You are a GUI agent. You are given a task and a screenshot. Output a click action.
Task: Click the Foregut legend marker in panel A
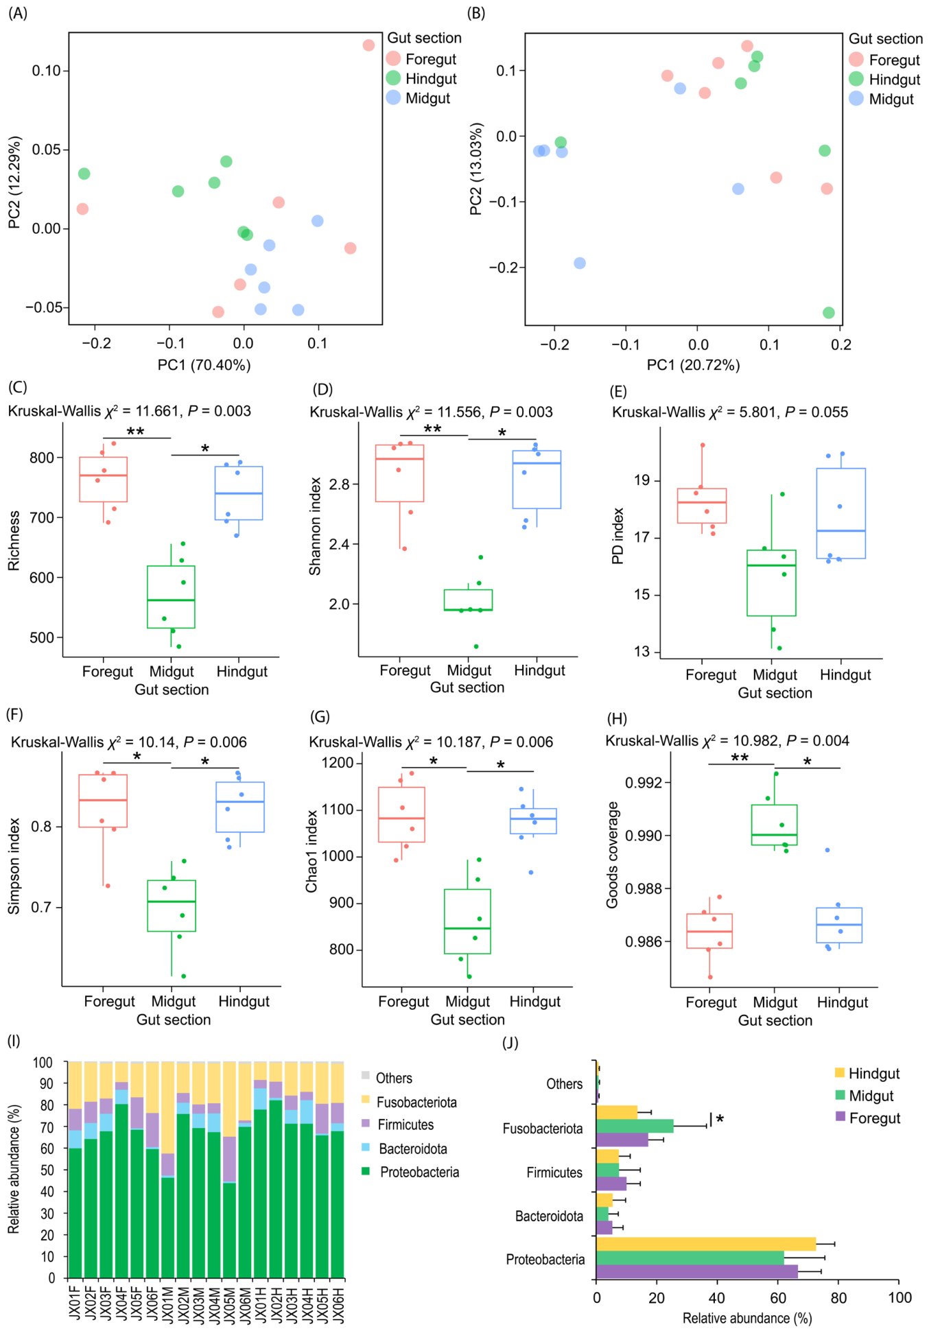(x=393, y=59)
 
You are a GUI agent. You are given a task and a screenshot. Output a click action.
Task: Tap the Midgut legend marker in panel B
(x=856, y=99)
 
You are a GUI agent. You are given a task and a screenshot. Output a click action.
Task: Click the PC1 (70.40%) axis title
(x=204, y=365)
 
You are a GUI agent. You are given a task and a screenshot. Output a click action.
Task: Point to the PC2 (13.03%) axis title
(x=476, y=169)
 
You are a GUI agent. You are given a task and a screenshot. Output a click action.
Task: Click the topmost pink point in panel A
(x=368, y=45)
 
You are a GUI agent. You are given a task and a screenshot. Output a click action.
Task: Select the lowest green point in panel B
(x=829, y=313)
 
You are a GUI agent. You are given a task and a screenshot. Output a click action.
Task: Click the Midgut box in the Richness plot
(x=172, y=597)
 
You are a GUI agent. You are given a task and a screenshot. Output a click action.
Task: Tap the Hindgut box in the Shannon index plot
(x=537, y=480)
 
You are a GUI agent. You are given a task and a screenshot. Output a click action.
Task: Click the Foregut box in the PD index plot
(x=702, y=506)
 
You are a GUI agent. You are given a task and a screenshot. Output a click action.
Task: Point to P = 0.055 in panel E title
(x=816, y=412)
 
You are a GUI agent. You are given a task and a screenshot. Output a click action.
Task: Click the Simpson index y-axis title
(x=14, y=866)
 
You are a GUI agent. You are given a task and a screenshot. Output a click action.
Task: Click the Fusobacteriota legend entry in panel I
(x=416, y=1103)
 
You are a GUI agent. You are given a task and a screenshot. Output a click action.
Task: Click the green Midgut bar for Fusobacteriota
(x=635, y=1126)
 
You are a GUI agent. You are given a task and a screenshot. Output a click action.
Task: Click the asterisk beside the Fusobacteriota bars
(x=720, y=1120)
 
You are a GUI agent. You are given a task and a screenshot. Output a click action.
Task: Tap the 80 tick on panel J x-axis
(x=838, y=1297)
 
